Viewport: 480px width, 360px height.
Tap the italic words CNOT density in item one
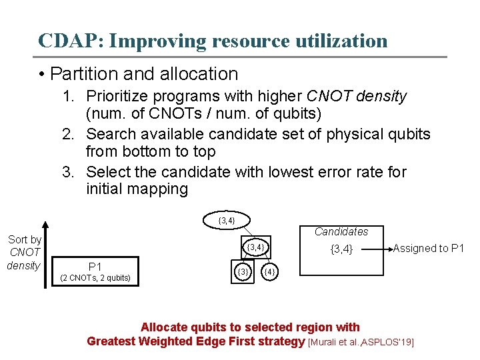[x=355, y=97]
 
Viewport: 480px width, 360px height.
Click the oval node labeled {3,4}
[x=226, y=219]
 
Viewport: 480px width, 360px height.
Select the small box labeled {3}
[x=243, y=271]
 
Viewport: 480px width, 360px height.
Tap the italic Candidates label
[x=341, y=231]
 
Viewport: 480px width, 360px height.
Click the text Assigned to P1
[x=428, y=248]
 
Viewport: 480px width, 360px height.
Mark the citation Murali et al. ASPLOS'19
[x=361, y=342]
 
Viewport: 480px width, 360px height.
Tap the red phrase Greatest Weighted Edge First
[x=196, y=341]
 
